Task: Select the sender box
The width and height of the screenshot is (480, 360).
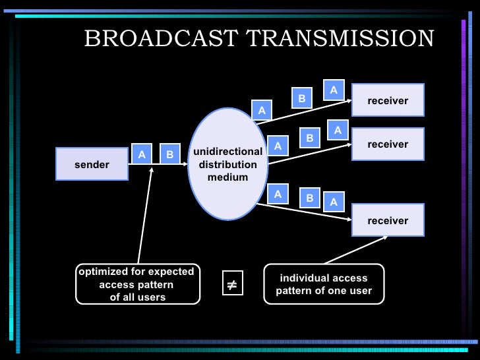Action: tap(92, 164)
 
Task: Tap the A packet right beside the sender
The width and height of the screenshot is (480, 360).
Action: tap(141, 155)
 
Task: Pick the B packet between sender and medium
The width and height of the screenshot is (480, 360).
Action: tap(169, 155)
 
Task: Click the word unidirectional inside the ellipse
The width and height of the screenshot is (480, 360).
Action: tap(227, 152)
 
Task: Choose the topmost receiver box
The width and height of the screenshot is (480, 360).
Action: tap(388, 100)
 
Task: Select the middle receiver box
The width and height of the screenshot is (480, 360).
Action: tap(388, 144)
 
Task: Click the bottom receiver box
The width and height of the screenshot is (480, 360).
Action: tap(388, 220)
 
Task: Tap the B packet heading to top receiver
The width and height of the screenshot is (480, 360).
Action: tap(301, 99)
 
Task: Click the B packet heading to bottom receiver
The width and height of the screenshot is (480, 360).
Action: tap(309, 197)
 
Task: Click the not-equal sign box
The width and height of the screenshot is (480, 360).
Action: tap(231, 285)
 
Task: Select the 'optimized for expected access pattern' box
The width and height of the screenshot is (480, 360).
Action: tap(137, 284)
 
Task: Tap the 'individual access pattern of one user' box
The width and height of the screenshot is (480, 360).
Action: tap(323, 284)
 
